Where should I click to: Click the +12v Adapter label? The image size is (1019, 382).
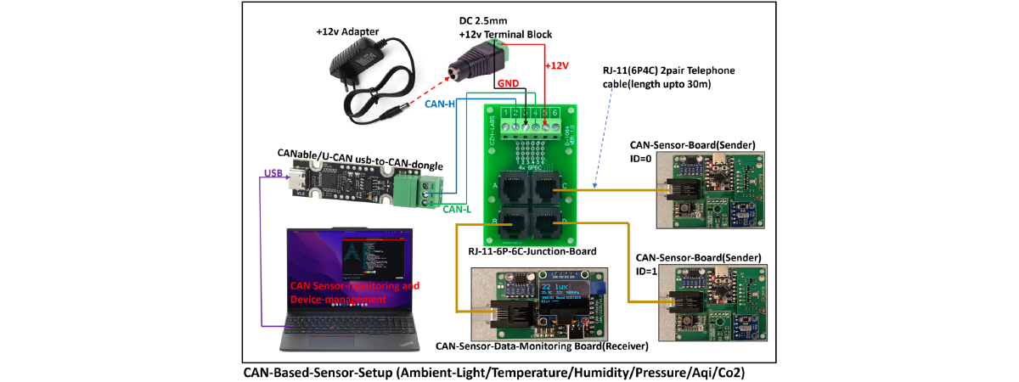347,32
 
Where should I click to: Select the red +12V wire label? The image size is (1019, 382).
557,65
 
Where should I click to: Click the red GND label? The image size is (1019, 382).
509,84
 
